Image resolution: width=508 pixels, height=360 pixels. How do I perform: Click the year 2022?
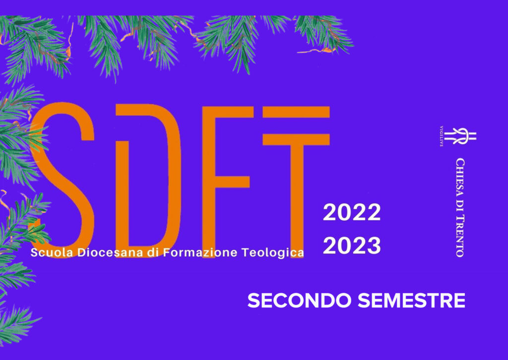click(x=352, y=212)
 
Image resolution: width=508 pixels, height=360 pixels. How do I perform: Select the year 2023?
click(x=352, y=245)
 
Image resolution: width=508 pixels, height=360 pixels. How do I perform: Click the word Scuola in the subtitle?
click(x=52, y=252)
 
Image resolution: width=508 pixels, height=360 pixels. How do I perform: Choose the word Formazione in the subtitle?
click(x=200, y=252)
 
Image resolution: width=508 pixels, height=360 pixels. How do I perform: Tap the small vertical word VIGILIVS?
click(x=441, y=136)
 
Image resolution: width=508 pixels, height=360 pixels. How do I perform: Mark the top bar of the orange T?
click(x=296, y=112)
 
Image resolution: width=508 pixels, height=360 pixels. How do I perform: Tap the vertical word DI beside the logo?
click(x=460, y=206)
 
